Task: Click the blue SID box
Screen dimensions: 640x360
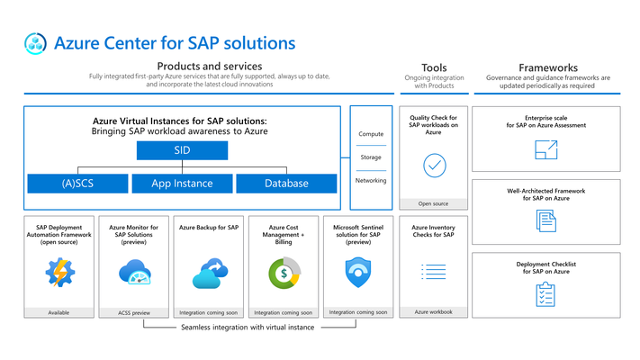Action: [182, 150]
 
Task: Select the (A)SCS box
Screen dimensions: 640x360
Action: [77, 184]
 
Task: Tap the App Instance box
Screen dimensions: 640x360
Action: [182, 184]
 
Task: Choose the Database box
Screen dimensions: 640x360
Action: [286, 184]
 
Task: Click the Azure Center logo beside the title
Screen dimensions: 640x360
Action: [35, 43]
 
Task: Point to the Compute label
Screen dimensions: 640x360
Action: [371, 134]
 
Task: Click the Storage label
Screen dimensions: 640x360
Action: [371, 157]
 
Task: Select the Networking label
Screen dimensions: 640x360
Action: [371, 180]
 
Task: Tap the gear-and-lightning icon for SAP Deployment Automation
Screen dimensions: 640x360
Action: [60, 272]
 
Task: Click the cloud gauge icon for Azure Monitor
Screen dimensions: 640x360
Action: [135, 272]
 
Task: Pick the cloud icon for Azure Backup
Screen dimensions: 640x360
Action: [210, 273]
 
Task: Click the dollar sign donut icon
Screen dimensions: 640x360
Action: [284, 273]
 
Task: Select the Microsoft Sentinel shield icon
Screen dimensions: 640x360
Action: [358, 272]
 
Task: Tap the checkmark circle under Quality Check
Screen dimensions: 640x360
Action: [435, 166]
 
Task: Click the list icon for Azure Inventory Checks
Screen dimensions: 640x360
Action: [434, 272]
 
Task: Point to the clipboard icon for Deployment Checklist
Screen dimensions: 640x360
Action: [545, 294]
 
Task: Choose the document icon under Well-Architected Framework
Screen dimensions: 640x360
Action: [546, 220]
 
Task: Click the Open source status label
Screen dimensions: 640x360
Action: [433, 203]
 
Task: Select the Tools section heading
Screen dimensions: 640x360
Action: [434, 67]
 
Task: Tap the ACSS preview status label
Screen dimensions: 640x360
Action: [134, 313]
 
